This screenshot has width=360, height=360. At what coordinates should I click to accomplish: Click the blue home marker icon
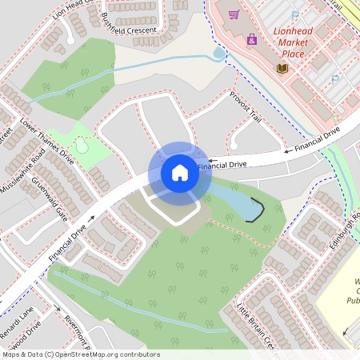(x=180, y=172)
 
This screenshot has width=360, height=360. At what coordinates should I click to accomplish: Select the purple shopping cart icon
(x=234, y=14)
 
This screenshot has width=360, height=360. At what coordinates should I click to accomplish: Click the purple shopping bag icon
(x=253, y=38)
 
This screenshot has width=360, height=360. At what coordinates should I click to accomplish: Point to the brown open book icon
(x=282, y=68)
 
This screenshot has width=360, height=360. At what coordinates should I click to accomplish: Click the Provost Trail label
(x=246, y=106)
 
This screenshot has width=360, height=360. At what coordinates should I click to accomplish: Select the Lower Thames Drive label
(x=46, y=142)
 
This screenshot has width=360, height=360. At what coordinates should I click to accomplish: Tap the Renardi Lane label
(x=16, y=320)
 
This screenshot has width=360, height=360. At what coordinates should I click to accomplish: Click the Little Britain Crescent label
(x=257, y=324)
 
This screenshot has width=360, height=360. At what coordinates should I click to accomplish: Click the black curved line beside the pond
(x=257, y=210)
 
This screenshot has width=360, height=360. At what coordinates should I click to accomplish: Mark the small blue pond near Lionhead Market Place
(x=219, y=54)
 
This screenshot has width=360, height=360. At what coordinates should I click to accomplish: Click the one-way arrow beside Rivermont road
(x=58, y=306)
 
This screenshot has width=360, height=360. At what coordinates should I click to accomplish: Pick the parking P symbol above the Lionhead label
(x=295, y=15)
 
